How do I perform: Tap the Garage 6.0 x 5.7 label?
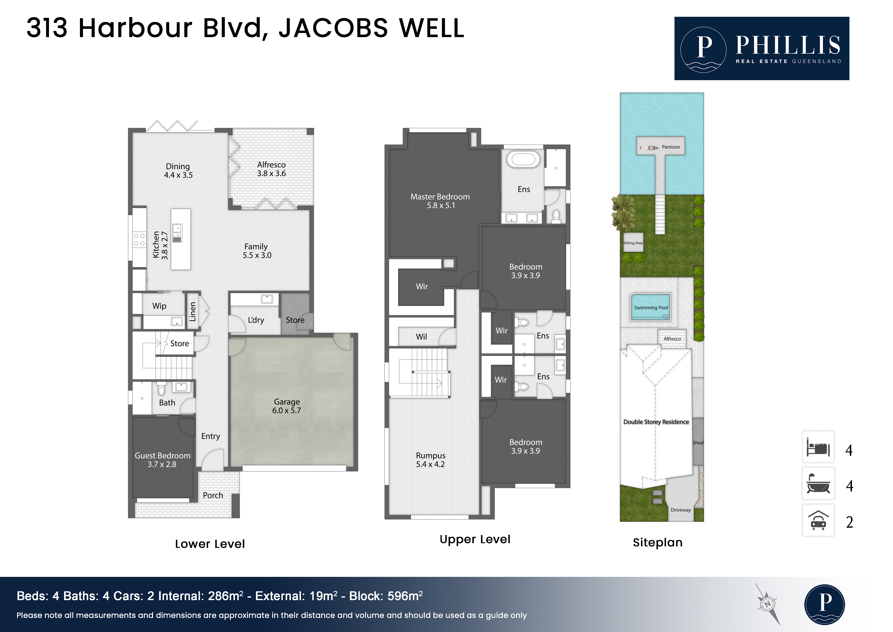tap(287, 406)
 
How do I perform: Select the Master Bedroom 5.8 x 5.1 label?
tap(440, 201)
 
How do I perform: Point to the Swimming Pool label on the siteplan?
tap(651, 307)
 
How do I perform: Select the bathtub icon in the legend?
tap(818, 484)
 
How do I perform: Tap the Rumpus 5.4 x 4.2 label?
tap(431, 460)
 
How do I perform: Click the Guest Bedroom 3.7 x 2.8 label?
tap(163, 460)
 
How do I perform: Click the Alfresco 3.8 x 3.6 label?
tap(271, 169)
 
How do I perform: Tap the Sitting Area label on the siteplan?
tap(633, 243)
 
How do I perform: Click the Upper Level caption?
tap(475, 539)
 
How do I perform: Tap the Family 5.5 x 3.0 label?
tap(257, 251)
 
